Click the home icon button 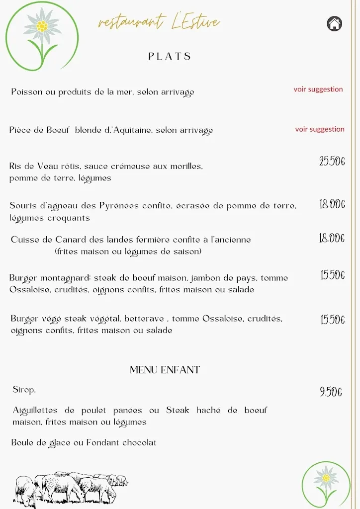335,23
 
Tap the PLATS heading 170,56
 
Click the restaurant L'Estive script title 159,22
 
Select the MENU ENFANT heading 165,370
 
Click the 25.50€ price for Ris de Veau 332,161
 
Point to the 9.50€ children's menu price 331,392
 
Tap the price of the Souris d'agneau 332,204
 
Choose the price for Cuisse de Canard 332,239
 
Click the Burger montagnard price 333,275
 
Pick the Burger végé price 333,320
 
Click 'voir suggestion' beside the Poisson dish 318,89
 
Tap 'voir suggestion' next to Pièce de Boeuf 320,129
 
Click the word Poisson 27,92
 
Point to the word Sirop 24,390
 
